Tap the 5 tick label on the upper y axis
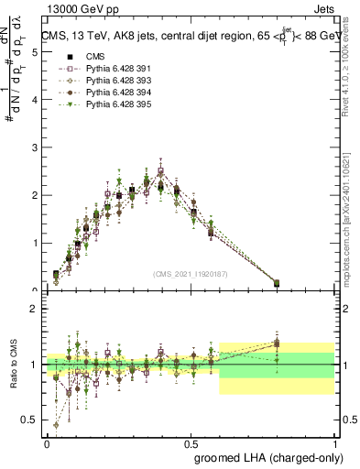pyautogui.click(x=34, y=52)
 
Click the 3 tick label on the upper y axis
pyautogui.click(x=34, y=148)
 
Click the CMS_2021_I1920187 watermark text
pyautogui.click(x=191, y=273)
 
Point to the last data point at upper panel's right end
pyautogui.click(x=277, y=283)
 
